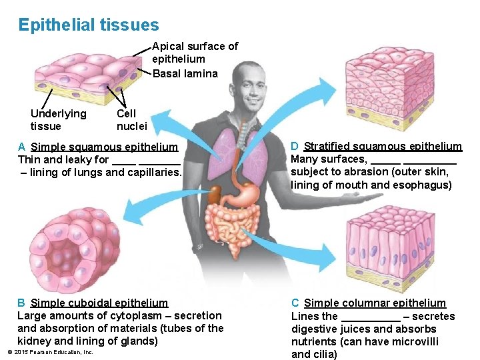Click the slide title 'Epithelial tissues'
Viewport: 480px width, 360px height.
[x=89, y=25]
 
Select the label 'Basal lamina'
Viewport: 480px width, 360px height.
[x=185, y=73]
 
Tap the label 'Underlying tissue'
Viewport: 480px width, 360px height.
[x=58, y=120]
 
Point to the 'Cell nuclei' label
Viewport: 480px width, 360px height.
[x=131, y=120]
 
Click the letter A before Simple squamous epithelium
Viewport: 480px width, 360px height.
[x=22, y=147]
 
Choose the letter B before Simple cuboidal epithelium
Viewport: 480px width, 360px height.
[x=21, y=303]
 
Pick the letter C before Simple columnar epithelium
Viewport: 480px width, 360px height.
[x=295, y=303]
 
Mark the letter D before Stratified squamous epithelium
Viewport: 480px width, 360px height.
[x=295, y=147]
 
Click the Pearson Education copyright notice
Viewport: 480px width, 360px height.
[x=50, y=352]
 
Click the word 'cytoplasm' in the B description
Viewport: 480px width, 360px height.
[x=131, y=315]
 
